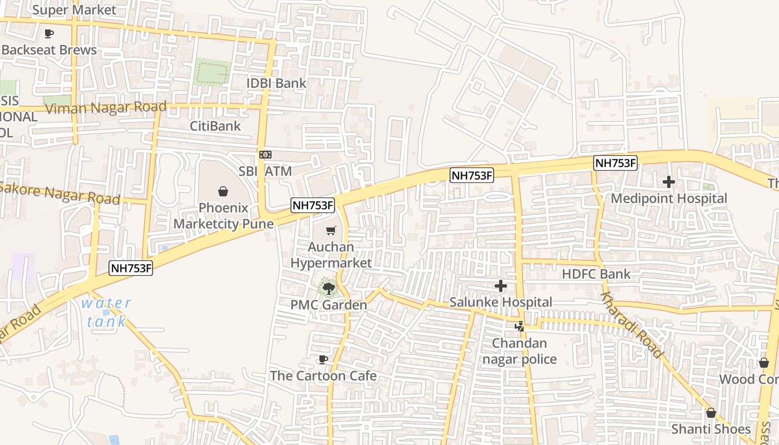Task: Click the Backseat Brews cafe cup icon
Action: pos(49,33)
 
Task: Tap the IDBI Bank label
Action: pos(277,83)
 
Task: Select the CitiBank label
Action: pos(215,126)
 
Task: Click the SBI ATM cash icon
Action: pos(265,154)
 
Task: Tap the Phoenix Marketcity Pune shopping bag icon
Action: pos(223,191)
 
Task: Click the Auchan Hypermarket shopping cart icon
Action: pos(331,230)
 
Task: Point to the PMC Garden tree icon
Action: pos(328,288)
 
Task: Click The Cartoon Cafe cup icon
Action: pos(323,359)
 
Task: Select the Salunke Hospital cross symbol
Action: pos(501,286)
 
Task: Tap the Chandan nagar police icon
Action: pos(519,327)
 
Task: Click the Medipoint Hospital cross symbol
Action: pos(669,182)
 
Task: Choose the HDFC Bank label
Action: pos(596,274)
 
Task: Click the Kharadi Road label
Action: pos(632,325)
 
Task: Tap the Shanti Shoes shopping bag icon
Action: pos(711,413)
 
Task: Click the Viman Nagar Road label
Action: pos(105,107)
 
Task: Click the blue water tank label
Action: pos(106,312)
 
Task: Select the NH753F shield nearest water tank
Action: pos(131,268)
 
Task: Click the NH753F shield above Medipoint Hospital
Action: pos(615,163)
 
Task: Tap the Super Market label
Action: pos(74,10)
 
